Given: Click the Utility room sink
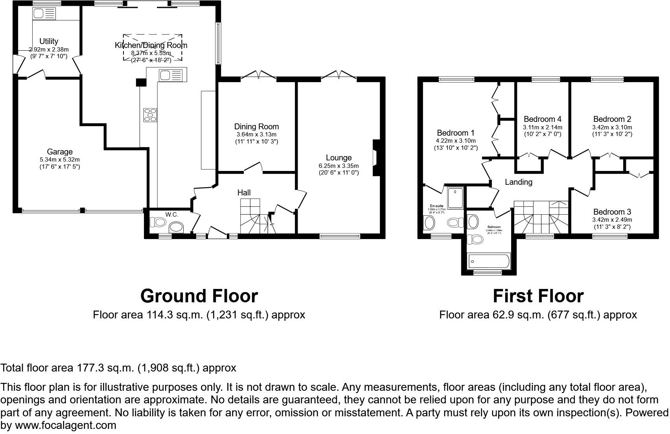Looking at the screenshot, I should click(x=44, y=14).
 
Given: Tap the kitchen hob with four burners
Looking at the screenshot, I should click(x=150, y=115).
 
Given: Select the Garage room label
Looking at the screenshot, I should click(x=60, y=152).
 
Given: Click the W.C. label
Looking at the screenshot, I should click(x=172, y=215).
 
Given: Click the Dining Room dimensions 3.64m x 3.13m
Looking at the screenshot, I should click(x=256, y=134).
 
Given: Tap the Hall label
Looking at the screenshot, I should click(x=244, y=193).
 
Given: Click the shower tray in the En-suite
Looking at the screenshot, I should click(x=456, y=197).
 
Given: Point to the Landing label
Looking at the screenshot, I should click(x=519, y=182).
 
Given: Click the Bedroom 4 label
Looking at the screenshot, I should click(x=542, y=119).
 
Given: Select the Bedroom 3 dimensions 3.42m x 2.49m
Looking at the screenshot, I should click(x=612, y=220).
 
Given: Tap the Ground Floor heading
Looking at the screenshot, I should click(x=199, y=296).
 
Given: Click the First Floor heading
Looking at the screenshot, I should click(x=538, y=296).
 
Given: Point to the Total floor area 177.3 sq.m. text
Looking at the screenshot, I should click(x=118, y=368).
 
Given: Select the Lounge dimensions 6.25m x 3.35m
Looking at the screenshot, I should click(x=339, y=166).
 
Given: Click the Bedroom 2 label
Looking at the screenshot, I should click(x=612, y=119).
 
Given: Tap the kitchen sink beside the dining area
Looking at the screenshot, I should click(x=171, y=75).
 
